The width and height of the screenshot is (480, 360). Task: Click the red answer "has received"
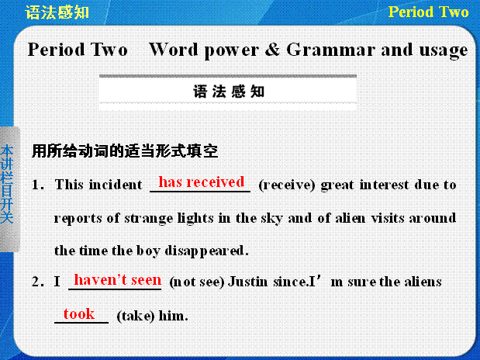[201, 182]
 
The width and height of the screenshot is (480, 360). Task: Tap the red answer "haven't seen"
[118, 280]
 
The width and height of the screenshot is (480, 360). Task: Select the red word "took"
[79, 313]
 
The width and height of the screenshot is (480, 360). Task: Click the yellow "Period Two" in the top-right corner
[428, 12]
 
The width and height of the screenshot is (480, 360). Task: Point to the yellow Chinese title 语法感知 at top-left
[57, 12]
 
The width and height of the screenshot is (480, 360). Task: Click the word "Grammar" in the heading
[330, 50]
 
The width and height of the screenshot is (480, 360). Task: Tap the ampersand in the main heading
[272, 50]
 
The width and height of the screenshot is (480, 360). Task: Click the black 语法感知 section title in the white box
[228, 92]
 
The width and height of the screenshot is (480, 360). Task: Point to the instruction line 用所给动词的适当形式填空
[125, 151]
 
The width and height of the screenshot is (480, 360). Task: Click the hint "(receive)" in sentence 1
[287, 185]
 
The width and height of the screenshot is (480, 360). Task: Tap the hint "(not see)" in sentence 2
[197, 282]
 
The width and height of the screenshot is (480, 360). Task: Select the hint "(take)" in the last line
[136, 316]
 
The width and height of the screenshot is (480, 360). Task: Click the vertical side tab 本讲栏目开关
[7, 185]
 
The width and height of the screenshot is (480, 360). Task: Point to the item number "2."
[38, 282]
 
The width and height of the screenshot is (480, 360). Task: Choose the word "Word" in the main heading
[174, 50]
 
